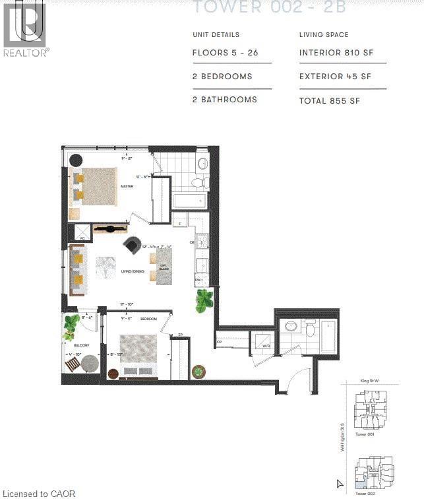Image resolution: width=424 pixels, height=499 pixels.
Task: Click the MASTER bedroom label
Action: pyautogui.click(x=127, y=187)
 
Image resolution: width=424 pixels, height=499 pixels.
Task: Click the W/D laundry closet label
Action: pyautogui.click(x=266, y=345)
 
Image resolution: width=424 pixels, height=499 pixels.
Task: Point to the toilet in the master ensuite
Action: pyautogui.click(x=197, y=182)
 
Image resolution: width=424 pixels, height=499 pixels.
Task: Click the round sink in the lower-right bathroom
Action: pyautogui.click(x=290, y=325)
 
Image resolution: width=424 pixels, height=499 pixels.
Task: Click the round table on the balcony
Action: pyautogui.click(x=90, y=364)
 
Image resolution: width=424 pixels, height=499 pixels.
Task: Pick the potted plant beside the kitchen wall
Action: pyautogui.click(x=204, y=301)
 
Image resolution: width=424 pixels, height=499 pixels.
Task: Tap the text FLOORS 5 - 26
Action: pyautogui.click(x=224, y=53)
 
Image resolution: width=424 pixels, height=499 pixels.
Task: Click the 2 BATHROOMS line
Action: pyautogui.click(x=224, y=100)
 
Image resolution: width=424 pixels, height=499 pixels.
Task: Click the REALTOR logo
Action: pyautogui.click(x=25, y=28)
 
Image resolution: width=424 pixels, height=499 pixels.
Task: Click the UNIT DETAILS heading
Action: pyautogui.click(x=216, y=34)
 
